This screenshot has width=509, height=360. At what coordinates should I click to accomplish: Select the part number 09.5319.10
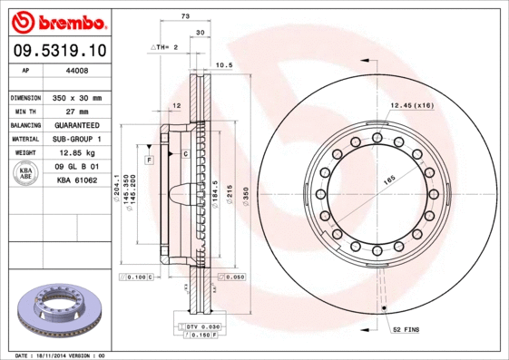(x=58, y=49)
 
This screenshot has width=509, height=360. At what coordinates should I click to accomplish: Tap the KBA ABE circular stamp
(x=25, y=173)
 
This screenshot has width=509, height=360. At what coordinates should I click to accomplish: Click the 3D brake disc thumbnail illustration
(x=58, y=308)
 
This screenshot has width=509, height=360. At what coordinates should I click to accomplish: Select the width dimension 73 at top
(x=185, y=17)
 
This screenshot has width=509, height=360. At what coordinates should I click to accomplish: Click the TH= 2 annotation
(x=164, y=45)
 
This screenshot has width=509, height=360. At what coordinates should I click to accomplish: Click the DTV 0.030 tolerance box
(x=204, y=326)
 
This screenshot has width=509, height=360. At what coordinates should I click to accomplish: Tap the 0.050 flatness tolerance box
(x=231, y=277)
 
